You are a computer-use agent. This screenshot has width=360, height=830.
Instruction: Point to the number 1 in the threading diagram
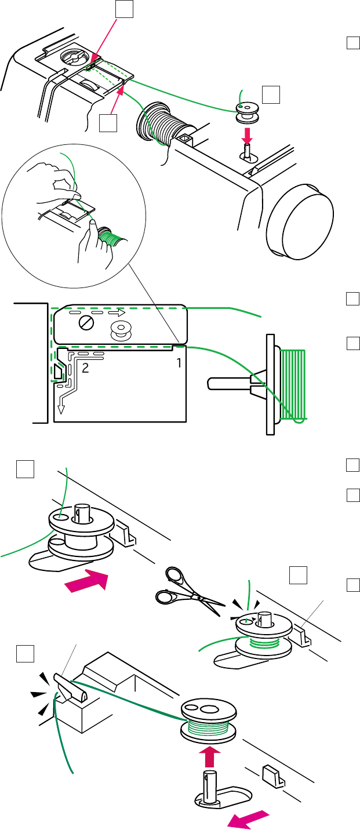[179, 363]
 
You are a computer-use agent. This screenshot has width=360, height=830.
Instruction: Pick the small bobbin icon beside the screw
[121, 330]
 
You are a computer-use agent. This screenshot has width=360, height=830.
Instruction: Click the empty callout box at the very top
[123, 8]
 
